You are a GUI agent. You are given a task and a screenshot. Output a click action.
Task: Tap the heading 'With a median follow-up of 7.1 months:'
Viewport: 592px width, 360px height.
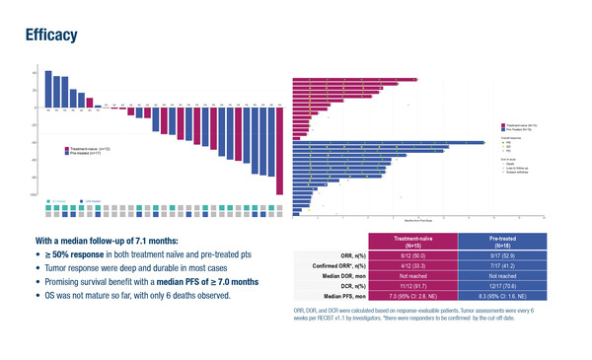tap(120, 240)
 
